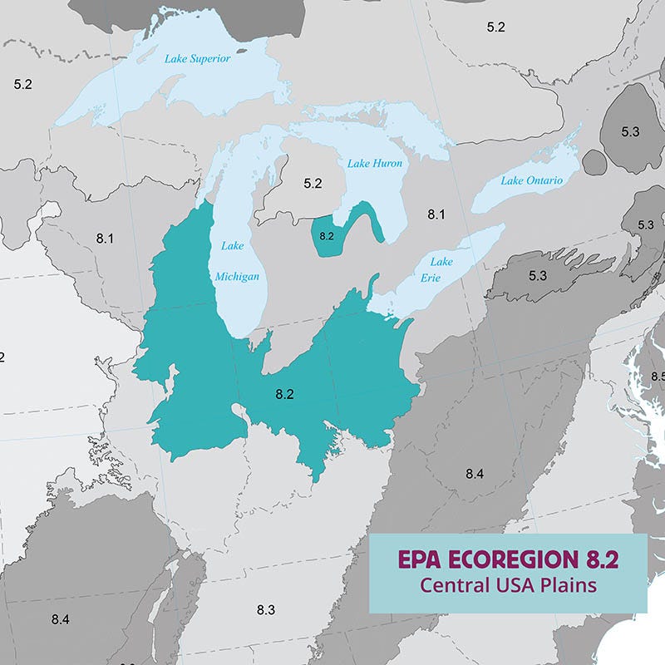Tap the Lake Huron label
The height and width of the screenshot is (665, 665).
[x=374, y=164]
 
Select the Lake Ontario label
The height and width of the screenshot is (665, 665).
[x=532, y=180]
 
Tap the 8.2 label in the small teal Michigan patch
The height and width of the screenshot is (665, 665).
[x=325, y=236]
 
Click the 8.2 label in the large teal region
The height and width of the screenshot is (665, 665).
[x=284, y=394]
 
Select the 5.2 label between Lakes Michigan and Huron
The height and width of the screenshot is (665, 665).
[x=313, y=183]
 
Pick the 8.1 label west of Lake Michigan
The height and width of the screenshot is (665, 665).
[x=104, y=239]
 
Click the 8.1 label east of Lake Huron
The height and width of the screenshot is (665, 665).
[x=436, y=214]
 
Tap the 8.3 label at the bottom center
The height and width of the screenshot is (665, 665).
[x=265, y=610]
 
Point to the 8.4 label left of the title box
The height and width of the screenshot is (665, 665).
[x=474, y=474]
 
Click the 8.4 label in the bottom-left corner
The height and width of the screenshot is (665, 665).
[x=60, y=619]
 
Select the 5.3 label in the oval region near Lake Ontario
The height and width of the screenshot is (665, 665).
[x=630, y=131]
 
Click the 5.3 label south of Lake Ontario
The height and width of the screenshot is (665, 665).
[x=537, y=275]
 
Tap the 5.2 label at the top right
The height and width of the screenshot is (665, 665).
[x=496, y=27]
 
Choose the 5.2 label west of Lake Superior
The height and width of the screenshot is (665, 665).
[x=22, y=84]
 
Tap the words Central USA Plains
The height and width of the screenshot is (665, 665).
[x=508, y=585]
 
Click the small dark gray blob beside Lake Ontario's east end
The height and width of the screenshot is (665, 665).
[x=594, y=161]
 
